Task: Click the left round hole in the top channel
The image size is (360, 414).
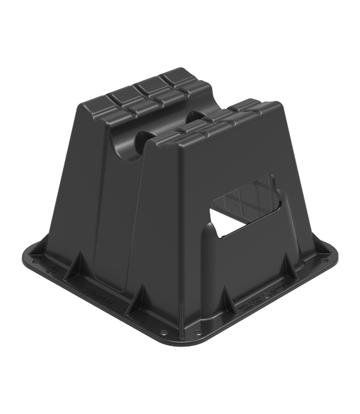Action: pos(129,145)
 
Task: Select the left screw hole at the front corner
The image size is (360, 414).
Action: pos(165,333)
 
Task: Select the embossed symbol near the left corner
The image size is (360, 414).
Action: pos(53,273)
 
